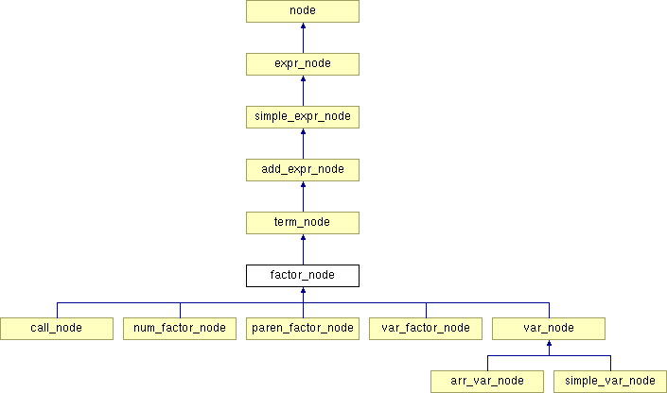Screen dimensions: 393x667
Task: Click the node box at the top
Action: coord(303,11)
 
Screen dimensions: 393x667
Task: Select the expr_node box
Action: coord(303,64)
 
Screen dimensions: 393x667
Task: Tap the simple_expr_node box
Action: coord(303,117)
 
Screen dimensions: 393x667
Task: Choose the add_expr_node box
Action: coord(303,170)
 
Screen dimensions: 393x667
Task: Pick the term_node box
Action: coord(303,223)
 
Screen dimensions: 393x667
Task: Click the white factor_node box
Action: coord(303,276)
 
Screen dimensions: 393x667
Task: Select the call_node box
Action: coord(57,328)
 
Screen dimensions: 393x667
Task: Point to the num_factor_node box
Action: coord(180,328)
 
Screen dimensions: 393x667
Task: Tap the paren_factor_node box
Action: coord(303,328)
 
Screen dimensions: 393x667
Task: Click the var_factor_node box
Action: coord(426,328)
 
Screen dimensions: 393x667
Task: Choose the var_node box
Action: coord(549,328)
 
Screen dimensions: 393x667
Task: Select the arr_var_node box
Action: coord(487,381)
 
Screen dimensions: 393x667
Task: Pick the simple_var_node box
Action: coord(610,381)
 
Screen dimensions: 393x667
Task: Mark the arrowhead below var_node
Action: coord(549,345)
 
